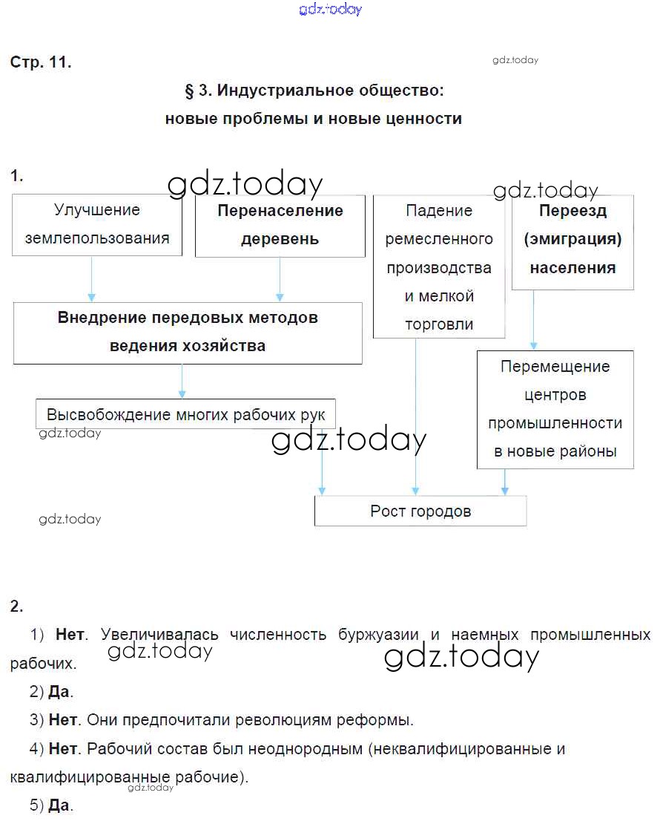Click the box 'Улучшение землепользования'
click(96, 225)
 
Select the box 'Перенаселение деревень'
click(280, 225)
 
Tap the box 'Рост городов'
click(420, 511)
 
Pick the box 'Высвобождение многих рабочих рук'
click(185, 414)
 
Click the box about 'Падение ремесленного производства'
click(439, 267)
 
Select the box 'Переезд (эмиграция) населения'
click(572, 240)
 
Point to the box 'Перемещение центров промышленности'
click(555, 408)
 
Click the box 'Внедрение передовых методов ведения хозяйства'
click(188, 332)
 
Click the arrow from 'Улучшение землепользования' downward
click(92, 279)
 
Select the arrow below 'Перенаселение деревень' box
click(280, 279)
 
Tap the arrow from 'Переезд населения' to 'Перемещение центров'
click(533, 319)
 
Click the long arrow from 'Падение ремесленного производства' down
click(415, 416)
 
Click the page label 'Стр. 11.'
click(41, 63)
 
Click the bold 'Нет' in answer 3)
click(63, 720)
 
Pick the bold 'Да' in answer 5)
click(59, 805)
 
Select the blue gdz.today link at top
click(331, 9)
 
